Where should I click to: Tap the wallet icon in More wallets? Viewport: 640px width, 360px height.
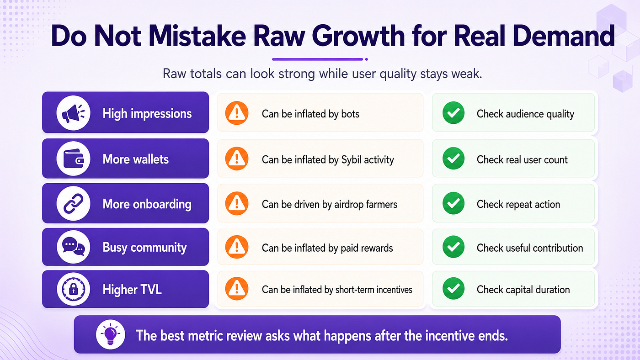(x=74, y=159)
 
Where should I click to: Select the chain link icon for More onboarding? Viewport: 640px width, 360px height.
(x=74, y=203)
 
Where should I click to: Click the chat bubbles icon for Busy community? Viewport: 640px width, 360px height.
(x=74, y=247)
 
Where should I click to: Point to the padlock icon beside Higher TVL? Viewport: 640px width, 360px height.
(x=74, y=289)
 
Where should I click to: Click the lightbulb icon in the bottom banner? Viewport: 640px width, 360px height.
(x=110, y=334)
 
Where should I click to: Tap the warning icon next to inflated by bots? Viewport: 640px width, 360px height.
(x=237, y=113)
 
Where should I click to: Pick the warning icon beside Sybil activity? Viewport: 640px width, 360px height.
(x=237, y=159)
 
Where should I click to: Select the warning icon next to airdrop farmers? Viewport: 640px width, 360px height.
(x=237, y=203)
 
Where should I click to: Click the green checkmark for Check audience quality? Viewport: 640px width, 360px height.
(x=453, y=113)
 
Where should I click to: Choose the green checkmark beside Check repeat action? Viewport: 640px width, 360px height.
(x=453, y=203)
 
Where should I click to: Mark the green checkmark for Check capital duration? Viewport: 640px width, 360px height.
(x=453, y=288)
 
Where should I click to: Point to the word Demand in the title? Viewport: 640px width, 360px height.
(x=564, y=36)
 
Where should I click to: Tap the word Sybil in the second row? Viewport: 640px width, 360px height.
(x=352, y=160)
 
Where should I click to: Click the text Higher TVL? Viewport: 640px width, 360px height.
(x=132, y=290)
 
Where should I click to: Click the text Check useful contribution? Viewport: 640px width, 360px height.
(x=530, y=248)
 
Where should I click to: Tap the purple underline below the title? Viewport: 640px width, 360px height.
(x=317, y=59)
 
